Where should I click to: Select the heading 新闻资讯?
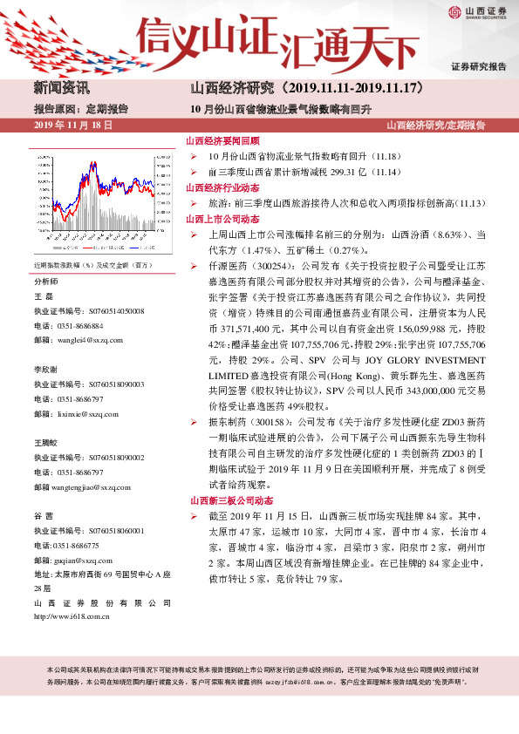[x=61, y=88]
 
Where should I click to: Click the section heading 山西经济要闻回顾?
[x=222, y=141]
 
